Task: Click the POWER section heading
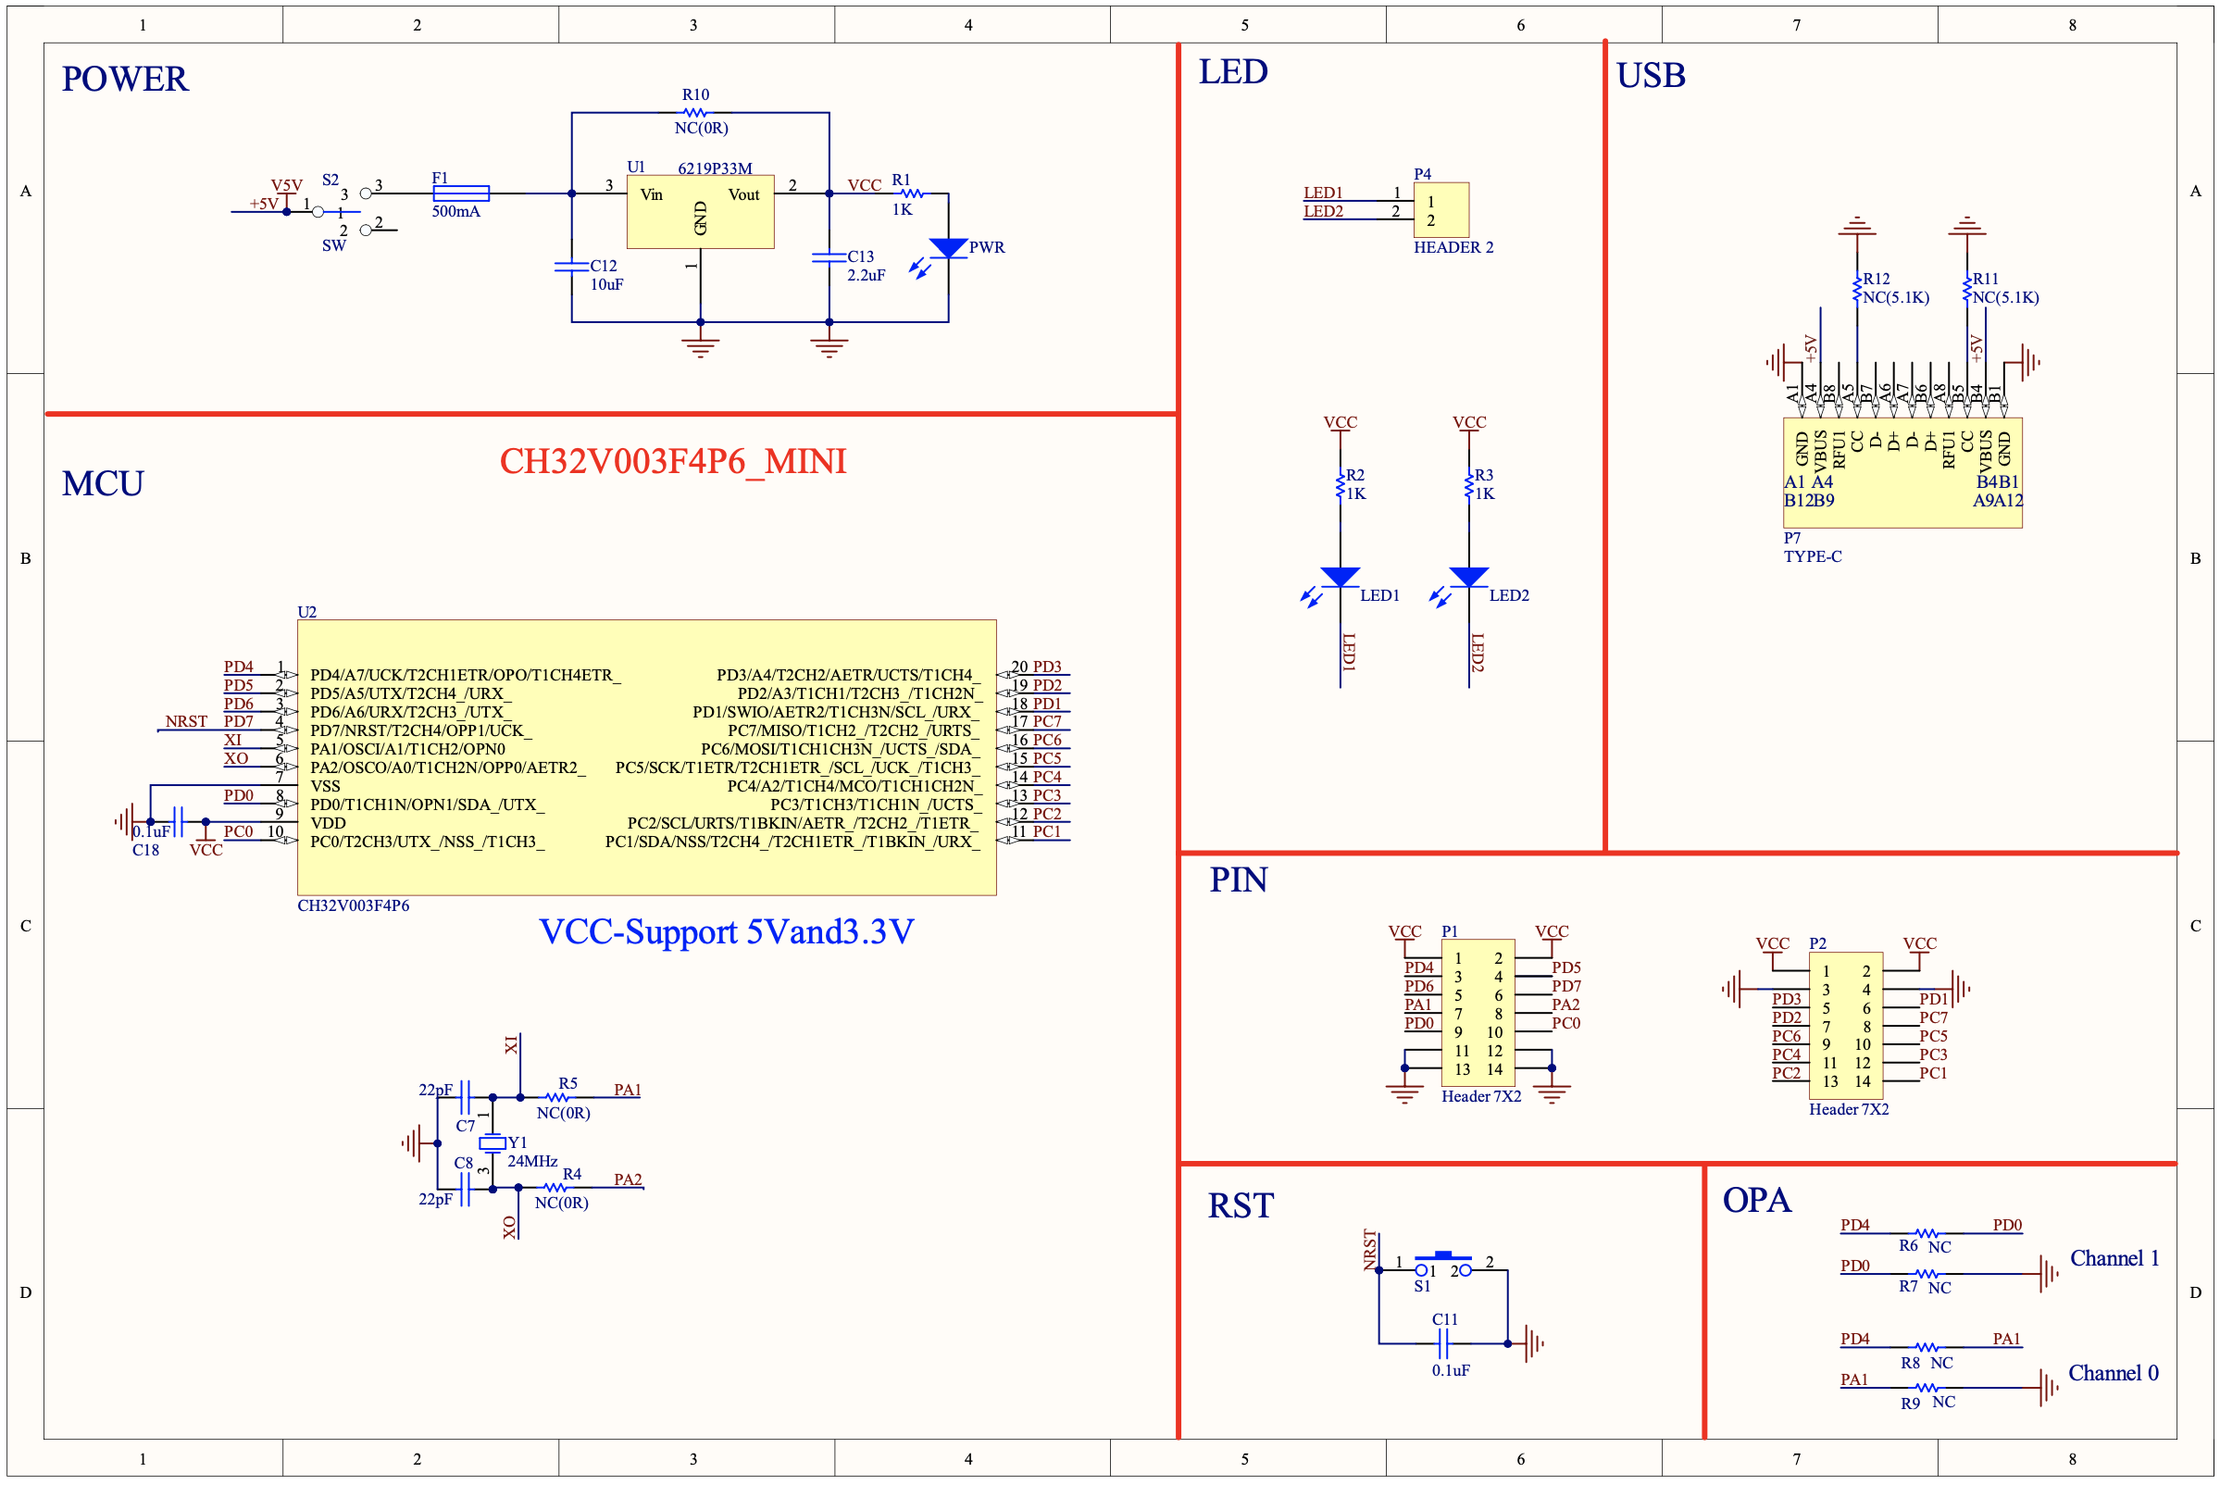(x=125, y=79)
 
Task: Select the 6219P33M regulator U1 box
(x=700, y=211)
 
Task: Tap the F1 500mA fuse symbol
(x=460, y=193)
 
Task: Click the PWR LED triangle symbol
(x=948, y=248)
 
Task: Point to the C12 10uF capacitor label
(x=605, y=275)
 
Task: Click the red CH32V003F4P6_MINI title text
(x=672, y=461)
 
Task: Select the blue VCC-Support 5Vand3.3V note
(x=727, y=932)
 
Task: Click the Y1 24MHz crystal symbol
(x=492, y=1143)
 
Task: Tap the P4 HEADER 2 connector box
(x=1441, y=210)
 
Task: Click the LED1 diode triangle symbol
(x=1341, y=577)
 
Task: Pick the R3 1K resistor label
(x=1483, y=484)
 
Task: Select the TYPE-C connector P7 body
(x=1902, y=471)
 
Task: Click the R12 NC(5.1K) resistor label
(x=1894, y=288)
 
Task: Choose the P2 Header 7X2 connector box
(x=1845, y=1025)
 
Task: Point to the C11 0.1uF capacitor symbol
(x=1442, y=1343)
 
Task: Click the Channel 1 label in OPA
(x=2114, y=1257)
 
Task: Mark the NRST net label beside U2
(x=186, y=721)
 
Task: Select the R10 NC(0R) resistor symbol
(x=695, y=113)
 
